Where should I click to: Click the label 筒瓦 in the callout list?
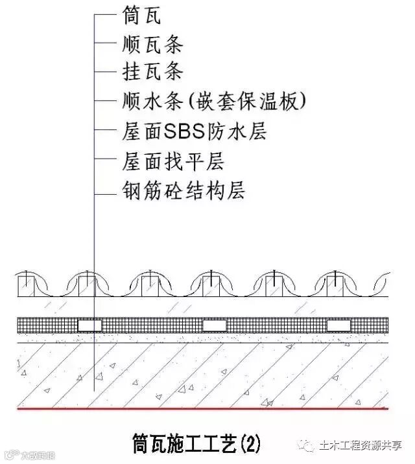coord(141,16)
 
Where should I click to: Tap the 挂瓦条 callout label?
coord(152,72)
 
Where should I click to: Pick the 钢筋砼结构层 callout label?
coord(183,191)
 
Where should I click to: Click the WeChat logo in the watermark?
coord(306,446)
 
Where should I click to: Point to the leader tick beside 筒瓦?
coord(104,16)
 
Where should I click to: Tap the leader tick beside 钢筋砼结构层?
coord(104,192)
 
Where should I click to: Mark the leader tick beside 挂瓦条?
coord(104,72)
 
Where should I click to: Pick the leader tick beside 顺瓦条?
coord(104,44)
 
